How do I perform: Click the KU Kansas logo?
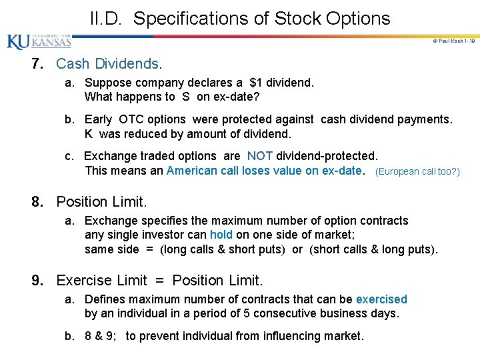point(39,41)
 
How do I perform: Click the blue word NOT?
point(259,156)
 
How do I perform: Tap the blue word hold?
point(221,235)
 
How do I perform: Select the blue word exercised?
point(381,299)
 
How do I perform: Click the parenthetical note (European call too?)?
point(418,171)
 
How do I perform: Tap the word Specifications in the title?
point(194,19)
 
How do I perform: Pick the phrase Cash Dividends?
point(109,64)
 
